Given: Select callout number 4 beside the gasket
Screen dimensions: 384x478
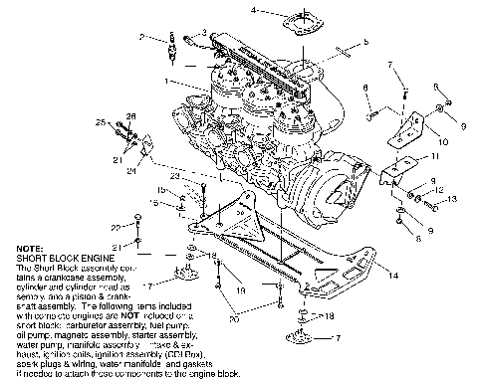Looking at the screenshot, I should [x=253, y=10].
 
